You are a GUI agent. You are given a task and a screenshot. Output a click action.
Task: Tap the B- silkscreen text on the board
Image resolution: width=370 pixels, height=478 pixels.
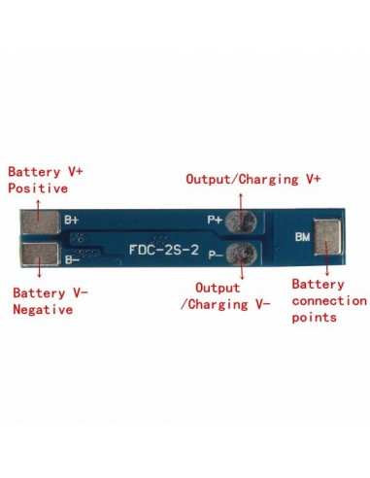pyautogui.click(x=72, y=259)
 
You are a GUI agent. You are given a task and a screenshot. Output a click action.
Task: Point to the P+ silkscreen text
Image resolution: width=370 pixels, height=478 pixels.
pyautogui.click(x=216, y=221)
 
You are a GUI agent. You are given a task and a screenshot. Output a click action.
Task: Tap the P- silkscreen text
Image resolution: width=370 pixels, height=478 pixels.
pyautogui.click(x=216, y=253)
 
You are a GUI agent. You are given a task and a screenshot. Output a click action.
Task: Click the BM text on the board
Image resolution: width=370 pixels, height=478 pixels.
pyautogui.click(x=302, y=236)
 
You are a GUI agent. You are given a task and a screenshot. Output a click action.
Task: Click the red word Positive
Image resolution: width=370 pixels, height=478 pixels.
pyautogui.click(x=38, y=188)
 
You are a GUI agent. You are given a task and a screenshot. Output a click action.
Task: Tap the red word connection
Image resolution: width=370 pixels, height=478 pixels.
pyautogui.click(x=328, y=301)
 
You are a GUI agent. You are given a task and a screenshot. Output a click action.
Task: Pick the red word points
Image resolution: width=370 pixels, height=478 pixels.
pyautogui.click(x=313, y=317)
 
